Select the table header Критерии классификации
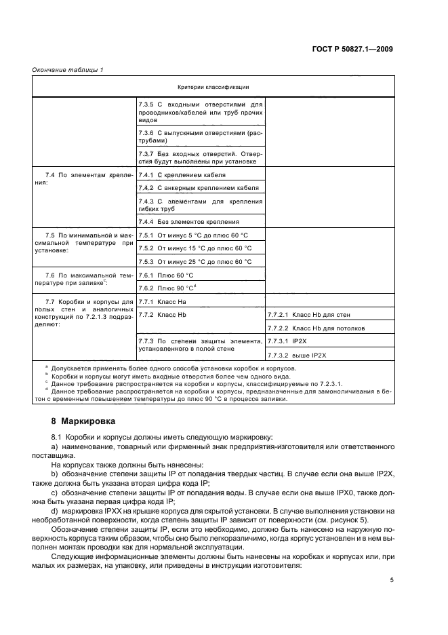tap(213, 87)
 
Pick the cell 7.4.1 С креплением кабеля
tap(182, 175)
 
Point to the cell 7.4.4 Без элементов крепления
tap(188, 222)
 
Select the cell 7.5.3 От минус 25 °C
tap(195, 261)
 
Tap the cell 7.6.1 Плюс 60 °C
tap(166, 275)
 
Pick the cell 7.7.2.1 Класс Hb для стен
tap(308, 315)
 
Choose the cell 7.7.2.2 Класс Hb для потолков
tap(317, 328)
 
